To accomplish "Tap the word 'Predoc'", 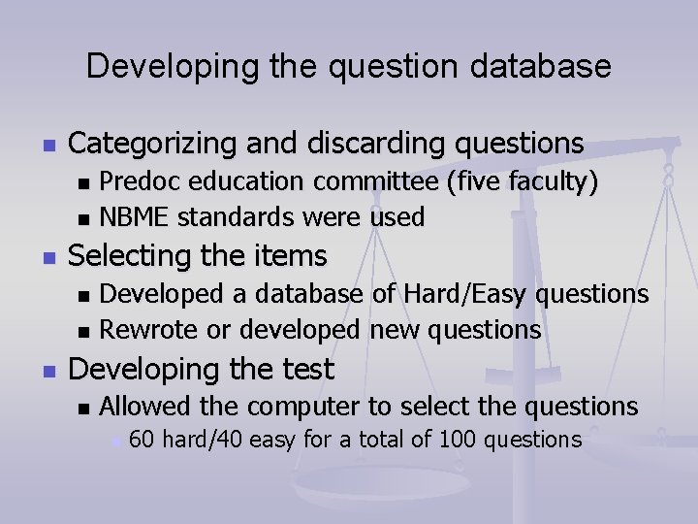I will pos(138,181).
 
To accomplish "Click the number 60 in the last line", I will pos(142,440).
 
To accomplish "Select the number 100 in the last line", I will pos(458,440).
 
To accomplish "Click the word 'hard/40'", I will pos(202,440).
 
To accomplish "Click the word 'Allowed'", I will pos(147,407).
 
